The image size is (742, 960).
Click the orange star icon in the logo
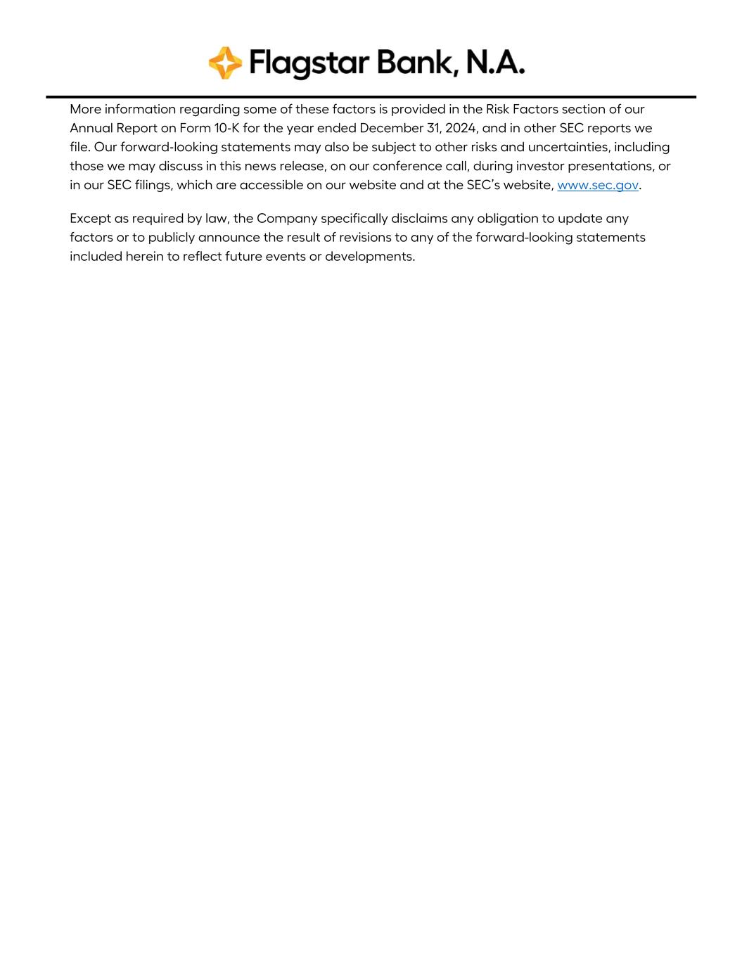[x=225, y=63]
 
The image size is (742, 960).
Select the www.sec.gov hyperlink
[x=598, y=185]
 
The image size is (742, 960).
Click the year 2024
[x=461, y=128]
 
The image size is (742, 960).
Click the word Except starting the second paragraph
[x=89, y=218]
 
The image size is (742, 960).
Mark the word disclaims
[x=419, y=218]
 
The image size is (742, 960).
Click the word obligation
[x=506, y=219]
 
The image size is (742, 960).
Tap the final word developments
[x=369, y=257]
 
